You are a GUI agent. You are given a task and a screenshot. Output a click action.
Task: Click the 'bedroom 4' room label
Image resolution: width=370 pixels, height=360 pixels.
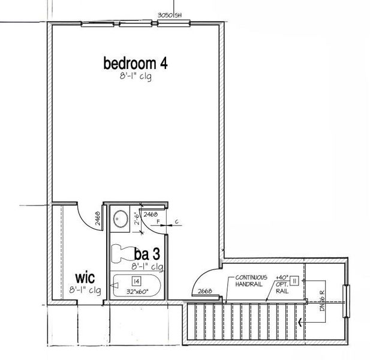pos(135,63)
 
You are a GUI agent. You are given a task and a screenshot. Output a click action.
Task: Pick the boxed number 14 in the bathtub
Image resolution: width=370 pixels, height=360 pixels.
pos(136,281)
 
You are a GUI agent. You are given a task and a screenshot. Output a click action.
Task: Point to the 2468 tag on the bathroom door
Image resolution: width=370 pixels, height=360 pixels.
pos(151,214)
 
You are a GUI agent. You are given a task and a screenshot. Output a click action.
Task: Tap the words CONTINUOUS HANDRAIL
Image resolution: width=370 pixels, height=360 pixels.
pos(247,280)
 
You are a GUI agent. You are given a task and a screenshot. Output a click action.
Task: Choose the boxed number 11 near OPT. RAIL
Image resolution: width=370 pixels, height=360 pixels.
pos(294,281)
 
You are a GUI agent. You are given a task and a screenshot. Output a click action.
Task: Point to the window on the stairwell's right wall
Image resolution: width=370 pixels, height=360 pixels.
pos(345,302)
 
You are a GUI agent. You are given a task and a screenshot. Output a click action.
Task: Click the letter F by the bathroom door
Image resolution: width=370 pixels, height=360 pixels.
pos(158,222)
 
